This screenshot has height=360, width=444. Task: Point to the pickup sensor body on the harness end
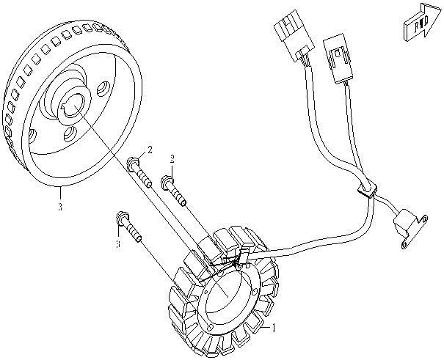tap(404, 219)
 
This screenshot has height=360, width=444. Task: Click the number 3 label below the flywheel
tap(59, 207)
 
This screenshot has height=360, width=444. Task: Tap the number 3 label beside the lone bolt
tap(117, 244)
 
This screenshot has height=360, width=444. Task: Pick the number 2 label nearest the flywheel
tap(149, 151)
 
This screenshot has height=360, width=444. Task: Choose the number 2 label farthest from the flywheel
tap(172, 158)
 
